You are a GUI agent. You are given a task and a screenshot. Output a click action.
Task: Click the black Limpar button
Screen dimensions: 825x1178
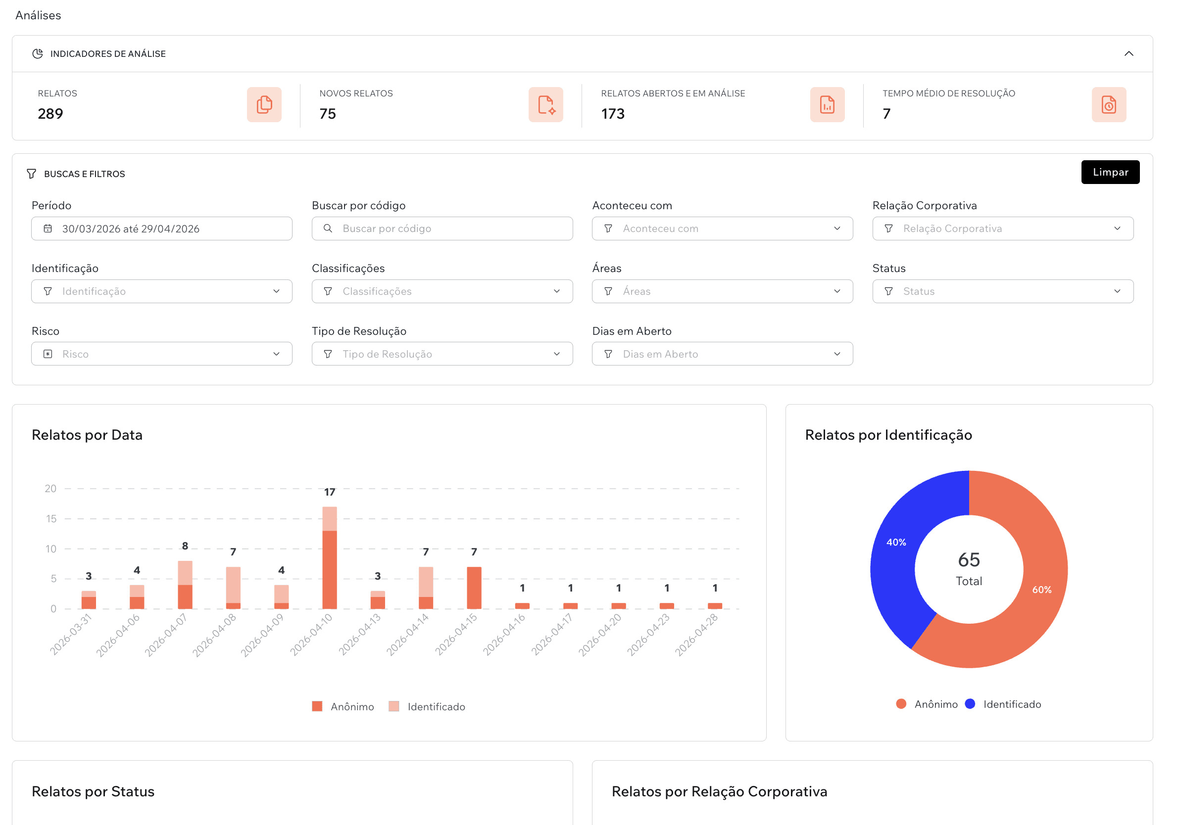pos(1110,172)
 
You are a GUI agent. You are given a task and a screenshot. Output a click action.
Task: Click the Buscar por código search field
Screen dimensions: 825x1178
pos(442,229)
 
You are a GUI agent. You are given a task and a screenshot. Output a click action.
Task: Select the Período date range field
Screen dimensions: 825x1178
pos(162,229)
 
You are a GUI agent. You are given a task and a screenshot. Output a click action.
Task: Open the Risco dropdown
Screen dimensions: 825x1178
pos(162,354)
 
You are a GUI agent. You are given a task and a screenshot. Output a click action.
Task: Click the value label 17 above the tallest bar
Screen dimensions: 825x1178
pos(329,492)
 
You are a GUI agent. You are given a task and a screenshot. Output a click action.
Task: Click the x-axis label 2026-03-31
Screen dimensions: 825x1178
pos(71,634)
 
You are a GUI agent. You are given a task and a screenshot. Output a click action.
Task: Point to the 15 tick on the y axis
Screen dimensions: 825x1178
pos(51,518)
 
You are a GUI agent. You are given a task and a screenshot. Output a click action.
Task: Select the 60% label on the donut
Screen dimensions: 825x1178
pos(1041,590)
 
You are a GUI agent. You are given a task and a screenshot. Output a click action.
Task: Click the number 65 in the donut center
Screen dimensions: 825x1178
pos(968,559)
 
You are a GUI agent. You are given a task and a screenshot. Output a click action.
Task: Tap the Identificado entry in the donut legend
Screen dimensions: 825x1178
pos(1011,704)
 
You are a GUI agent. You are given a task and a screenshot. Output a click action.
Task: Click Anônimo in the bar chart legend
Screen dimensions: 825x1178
pos(351,707)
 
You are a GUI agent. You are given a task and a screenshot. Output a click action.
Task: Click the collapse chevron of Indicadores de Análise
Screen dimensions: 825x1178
pos(1128,54)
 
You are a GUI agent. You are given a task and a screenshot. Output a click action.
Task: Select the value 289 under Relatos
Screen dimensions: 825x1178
pos(50,114)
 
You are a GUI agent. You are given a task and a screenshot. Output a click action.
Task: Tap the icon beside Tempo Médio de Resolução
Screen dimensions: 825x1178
pos(1108,104)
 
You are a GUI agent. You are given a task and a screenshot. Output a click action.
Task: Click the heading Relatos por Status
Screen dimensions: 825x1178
pos(93,791)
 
